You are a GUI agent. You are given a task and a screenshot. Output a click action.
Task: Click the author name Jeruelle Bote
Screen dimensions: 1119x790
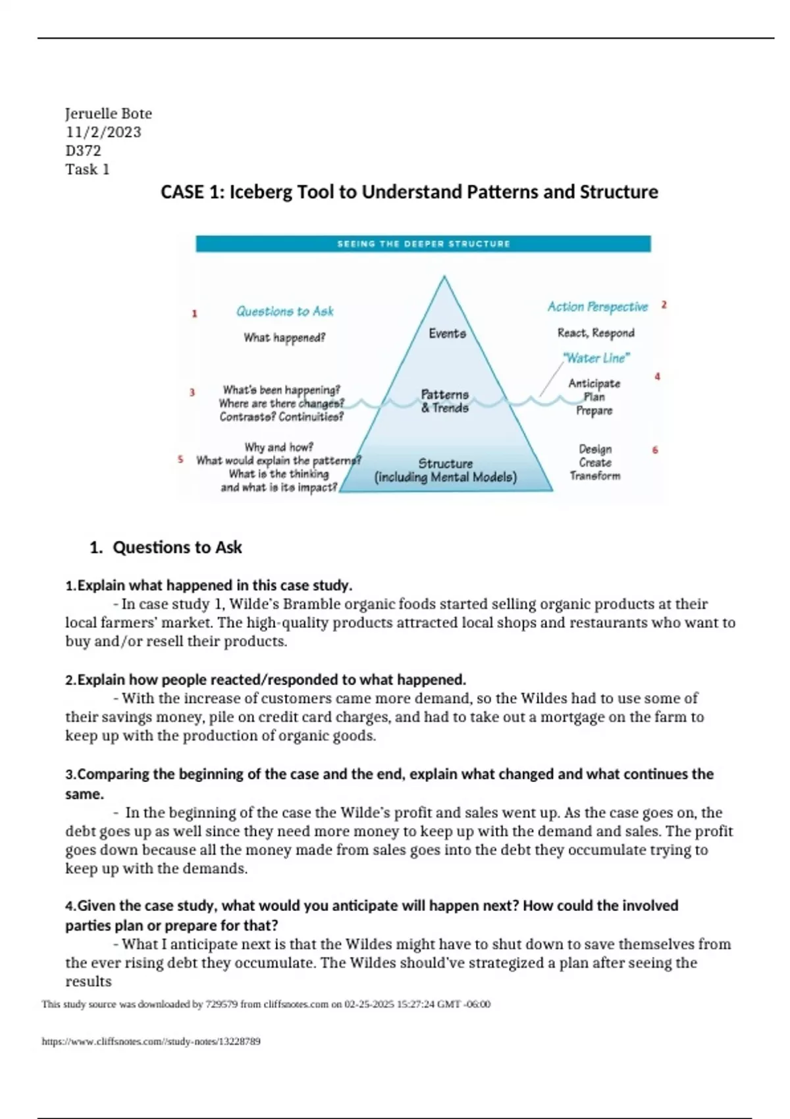point(109,113)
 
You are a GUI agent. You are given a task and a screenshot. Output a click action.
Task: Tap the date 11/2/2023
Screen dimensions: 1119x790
point(103,132)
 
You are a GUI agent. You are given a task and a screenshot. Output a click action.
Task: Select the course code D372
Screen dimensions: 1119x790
point(83,151)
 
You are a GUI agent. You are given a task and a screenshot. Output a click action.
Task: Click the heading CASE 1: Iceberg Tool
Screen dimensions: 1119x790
point(409,192)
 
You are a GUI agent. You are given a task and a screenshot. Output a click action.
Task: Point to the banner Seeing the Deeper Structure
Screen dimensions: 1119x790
point(423,244)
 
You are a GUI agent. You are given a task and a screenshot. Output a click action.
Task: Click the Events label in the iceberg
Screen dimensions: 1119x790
point(447,334)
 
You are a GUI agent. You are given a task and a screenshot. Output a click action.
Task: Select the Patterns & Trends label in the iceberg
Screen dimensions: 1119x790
point(445,401)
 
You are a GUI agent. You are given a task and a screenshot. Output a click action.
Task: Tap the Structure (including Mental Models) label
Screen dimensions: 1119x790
point(446,470)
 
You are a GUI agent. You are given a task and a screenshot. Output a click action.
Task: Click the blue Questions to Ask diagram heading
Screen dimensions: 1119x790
point(284,311)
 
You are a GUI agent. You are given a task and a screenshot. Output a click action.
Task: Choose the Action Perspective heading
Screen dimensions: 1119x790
point(597,307)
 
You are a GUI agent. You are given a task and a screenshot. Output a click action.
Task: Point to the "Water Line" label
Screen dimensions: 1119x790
point(596,358)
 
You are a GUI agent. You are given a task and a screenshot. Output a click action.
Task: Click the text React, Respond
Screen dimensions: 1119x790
point(596,333)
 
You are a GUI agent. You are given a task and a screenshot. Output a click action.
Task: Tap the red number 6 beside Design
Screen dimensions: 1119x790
point(655,450)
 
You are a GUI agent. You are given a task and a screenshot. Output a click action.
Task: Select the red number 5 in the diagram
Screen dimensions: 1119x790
point(180,459)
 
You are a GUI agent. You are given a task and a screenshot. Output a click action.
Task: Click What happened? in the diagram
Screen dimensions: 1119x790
point(284,338)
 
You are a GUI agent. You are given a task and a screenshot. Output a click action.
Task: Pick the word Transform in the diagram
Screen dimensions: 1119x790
point(595,476)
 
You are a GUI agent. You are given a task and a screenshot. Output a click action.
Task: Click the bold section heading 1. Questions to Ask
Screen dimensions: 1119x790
point(165,548)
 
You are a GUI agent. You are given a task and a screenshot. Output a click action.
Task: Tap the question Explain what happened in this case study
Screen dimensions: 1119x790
point(209,586)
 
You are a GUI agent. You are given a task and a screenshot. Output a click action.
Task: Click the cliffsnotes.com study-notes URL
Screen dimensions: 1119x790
point(151,1041)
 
